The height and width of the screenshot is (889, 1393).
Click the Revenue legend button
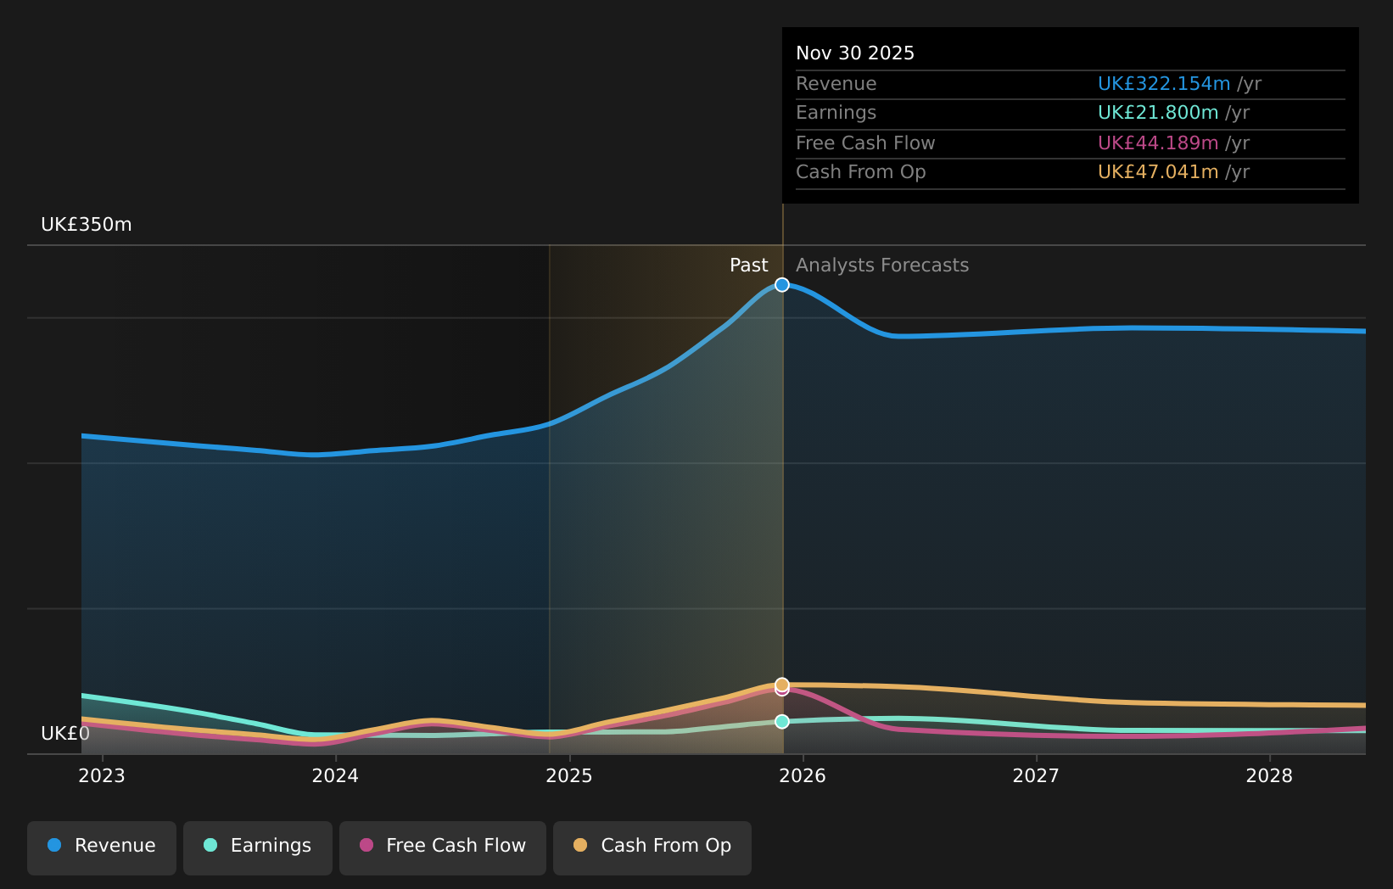[102, 847]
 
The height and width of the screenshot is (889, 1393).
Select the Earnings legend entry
[258, 847]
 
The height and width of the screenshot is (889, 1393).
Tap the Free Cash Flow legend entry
[442, 847]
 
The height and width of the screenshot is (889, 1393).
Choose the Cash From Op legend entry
[652, 847]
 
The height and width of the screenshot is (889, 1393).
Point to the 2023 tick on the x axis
[102, 776]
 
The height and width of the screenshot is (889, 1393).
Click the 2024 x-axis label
[335, 776]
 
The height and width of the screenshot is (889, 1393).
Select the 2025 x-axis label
[569, 776]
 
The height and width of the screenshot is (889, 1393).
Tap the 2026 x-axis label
[803, 776]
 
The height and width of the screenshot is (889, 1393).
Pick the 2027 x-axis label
[1036, 776]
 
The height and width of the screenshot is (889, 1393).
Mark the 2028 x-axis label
[1269, 776]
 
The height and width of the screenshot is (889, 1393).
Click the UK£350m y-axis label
[87, 225]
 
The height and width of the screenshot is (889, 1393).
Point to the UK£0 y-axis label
[65, 734]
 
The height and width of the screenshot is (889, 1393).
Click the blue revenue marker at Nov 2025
[782, 285]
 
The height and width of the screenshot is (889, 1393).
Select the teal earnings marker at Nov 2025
[782, 722]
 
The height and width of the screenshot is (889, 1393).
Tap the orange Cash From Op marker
[782, 684]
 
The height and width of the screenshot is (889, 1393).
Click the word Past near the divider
[748, 266]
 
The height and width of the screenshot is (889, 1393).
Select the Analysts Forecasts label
[882, 266]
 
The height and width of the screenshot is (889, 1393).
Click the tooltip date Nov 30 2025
[855, 53]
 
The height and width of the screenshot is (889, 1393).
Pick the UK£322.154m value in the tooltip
[1163, 84]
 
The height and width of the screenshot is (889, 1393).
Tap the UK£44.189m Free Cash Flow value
[1157, 143]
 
